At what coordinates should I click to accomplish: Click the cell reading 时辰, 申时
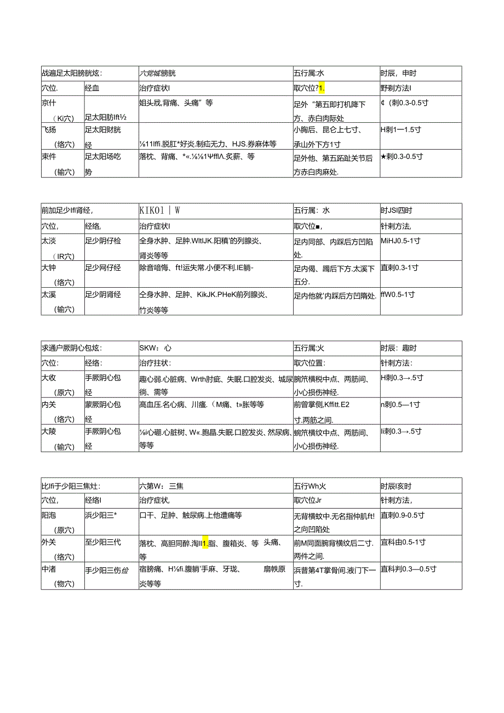tap(398, 73)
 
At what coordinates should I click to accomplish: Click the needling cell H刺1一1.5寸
tap(402, 130)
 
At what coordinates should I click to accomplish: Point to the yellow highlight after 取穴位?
tap(322, 88)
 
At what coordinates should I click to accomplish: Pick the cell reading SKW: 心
tap(156, 347)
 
